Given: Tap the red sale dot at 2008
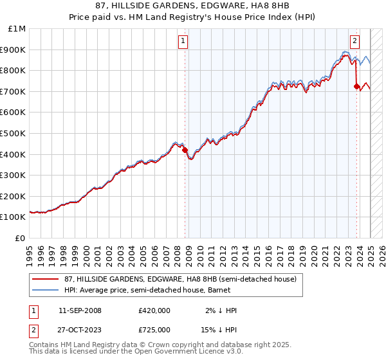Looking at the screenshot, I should coord(185,150).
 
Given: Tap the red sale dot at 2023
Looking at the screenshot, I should coord(356,85).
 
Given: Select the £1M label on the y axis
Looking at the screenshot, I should coord(17,28).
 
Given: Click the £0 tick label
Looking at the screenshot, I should coord(21,238).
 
